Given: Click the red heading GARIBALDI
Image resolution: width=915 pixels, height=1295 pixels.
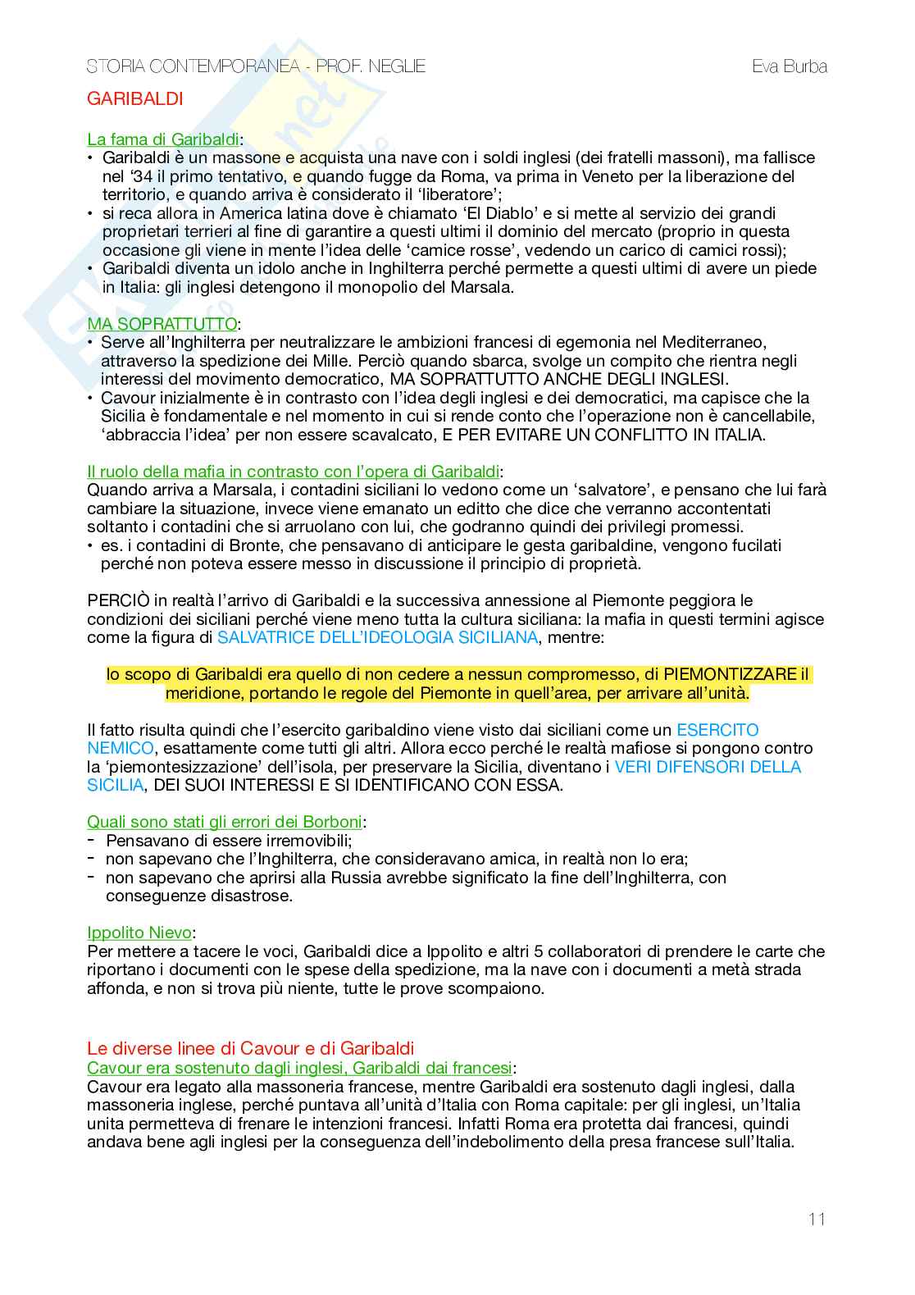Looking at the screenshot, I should (134, 99).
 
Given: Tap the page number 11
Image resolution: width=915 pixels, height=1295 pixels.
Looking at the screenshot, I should (817, 1219).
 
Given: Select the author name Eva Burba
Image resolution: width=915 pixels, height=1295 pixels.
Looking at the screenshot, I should (789, 66).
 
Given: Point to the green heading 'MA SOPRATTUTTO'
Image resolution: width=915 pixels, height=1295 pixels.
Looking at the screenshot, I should (162, 323).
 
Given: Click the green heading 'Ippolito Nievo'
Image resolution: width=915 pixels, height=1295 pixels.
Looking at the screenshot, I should (139, 932).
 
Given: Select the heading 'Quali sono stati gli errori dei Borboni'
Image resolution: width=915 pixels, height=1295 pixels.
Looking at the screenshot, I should (225, 822).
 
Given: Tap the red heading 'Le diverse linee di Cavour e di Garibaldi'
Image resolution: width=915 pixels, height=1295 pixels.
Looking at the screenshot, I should (250, 1048).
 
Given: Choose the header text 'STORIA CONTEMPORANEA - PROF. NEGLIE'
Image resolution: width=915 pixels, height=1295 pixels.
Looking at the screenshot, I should (256, 66).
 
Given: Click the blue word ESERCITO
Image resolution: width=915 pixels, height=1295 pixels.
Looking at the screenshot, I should (717, 730).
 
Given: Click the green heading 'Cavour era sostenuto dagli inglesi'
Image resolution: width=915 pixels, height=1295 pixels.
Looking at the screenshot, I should (299, 1068).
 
